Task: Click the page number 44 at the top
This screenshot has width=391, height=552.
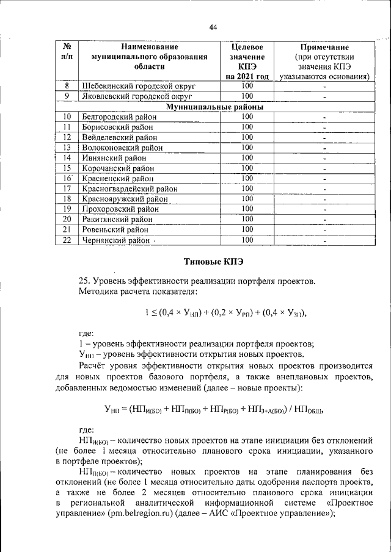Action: tap(213, 27)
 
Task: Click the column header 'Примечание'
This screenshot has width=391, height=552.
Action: tap(324, 47)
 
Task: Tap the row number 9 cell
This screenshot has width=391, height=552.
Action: tap(67, 96)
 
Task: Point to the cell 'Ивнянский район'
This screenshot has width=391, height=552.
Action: tap(111, 157)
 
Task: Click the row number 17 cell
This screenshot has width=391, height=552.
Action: tap(67, 188)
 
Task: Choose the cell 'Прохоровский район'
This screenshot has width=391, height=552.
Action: tap(119, 209)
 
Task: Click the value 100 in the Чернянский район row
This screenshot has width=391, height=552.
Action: tap(247, 240)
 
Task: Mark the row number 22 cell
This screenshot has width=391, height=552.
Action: tap(67, 240)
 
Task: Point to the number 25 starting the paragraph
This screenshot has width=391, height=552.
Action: tap(84, 281)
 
